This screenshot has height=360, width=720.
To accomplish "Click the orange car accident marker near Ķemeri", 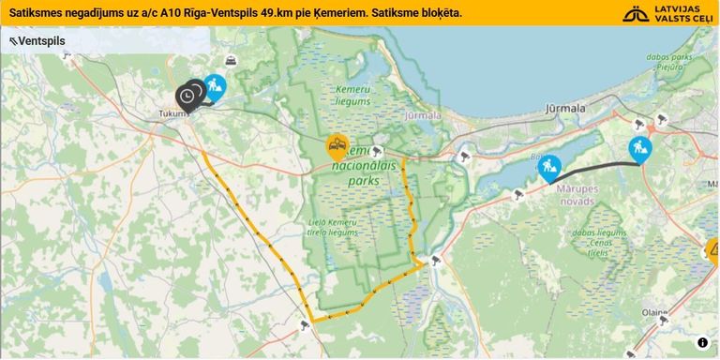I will (337, 145).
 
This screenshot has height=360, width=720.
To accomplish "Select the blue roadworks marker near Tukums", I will (215, 87).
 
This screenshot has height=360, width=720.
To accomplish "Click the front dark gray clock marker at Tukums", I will (187, 96).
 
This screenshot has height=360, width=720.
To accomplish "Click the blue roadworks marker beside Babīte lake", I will (549, 168).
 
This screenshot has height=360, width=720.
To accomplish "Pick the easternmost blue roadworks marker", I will (640, 148).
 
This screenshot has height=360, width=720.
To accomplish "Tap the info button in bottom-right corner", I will (702, 343).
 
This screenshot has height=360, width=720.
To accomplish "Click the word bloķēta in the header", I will (439, 13).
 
